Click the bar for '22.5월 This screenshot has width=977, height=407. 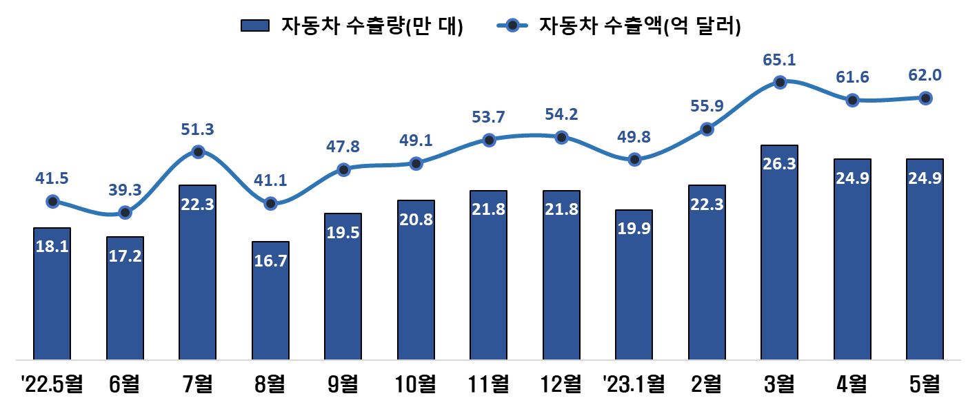click(x=52, y=293)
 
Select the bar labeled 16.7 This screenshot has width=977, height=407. click(x=270, y=300)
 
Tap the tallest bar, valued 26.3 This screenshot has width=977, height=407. click(x=779, y=252)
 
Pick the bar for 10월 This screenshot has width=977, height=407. click(x=416, y=280)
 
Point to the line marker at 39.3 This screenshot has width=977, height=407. click(x=125, y=212)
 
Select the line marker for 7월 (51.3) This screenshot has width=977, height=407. click(x=198, y=152)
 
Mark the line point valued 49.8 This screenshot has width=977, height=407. click(x=634, y=160)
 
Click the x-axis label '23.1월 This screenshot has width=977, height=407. click(x=634, y=383)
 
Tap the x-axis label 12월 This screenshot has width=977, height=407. click(x=561, y=383)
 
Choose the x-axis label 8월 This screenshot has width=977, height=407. click(x=270, y=383)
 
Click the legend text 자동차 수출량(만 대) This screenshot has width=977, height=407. click(x=372, y=26)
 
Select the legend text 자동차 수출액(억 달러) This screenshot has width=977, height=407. click(x=640, y=26)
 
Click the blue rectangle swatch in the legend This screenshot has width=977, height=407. click(x=255, y=26)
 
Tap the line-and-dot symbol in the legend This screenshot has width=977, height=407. click(x=512, y=26)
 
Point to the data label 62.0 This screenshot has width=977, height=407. click(x=925, y=75)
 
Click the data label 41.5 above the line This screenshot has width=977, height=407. click(x=52, y=178)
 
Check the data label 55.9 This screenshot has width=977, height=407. click(x=707, y=106)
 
